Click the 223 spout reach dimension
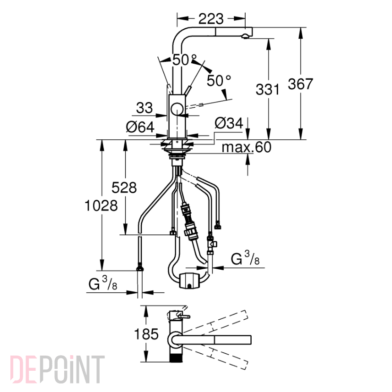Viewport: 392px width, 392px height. point(211,19)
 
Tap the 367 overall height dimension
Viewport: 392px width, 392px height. point(300,84)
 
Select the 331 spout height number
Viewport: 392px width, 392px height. point(267,89)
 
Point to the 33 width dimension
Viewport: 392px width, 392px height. point(144,108)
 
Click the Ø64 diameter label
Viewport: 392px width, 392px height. point(140,127)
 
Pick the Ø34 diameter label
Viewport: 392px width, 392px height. point(229,123)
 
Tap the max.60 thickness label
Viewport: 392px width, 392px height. point(247,147)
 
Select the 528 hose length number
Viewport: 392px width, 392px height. point(124,187)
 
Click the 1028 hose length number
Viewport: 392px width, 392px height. point(101,206)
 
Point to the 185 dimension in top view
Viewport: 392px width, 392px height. point(146,334)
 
